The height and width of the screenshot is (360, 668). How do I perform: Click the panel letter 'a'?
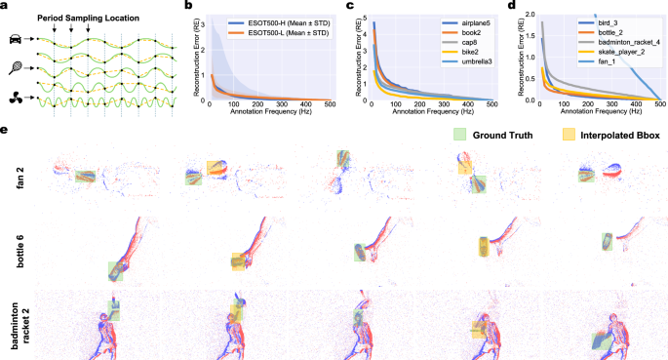(6, 6)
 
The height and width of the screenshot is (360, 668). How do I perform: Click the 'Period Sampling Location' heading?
(81, 18)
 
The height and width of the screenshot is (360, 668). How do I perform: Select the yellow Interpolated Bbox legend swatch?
(565, 134)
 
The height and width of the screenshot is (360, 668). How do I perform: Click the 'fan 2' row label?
(11, 178)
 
